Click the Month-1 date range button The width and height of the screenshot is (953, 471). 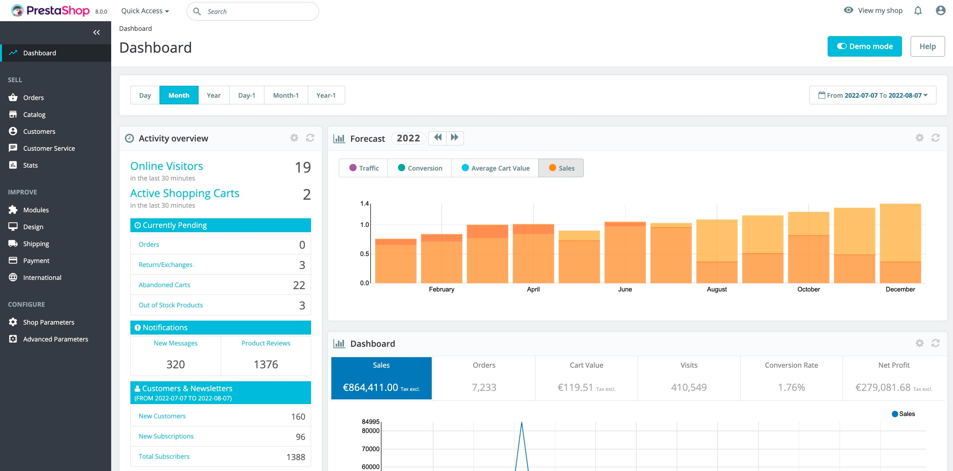tap(286, 95)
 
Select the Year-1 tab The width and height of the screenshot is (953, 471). tap(326, 95)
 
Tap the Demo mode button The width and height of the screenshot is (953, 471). tap(864, 46)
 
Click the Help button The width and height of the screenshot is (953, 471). tap(927, 46)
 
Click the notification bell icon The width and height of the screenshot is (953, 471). tap(918, 11)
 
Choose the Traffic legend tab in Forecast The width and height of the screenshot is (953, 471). tap(364, 168)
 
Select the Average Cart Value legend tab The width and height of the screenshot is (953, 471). tap(495, 168)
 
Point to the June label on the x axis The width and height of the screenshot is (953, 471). tap(625, 289)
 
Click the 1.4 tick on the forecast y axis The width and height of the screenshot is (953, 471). tap(364, 204)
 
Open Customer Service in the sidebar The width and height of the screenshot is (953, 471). tap(49, 148)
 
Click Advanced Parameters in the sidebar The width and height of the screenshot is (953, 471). tap(56, 339)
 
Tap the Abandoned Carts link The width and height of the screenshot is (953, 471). tap(164, 285)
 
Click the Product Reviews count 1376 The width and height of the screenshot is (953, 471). tap(266, 364)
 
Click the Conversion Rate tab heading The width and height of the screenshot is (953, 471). tap(791, 365)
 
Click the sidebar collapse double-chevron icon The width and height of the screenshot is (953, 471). tap(97, 32)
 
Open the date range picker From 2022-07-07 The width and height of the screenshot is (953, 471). tap(873, 95)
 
